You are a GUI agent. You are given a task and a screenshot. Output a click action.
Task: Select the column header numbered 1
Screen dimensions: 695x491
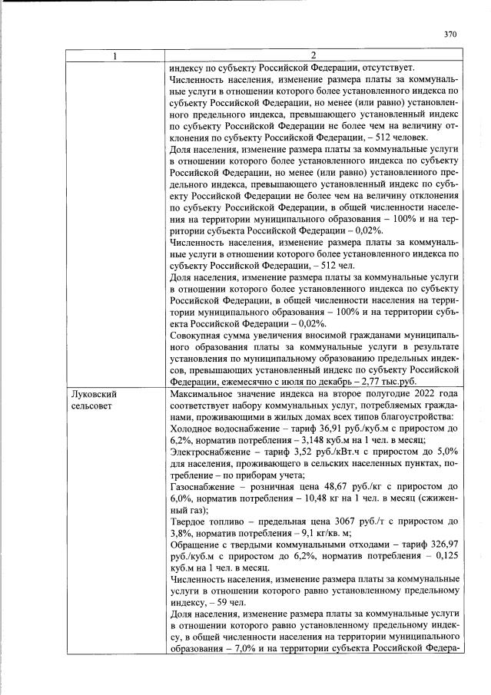click(115, 55)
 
